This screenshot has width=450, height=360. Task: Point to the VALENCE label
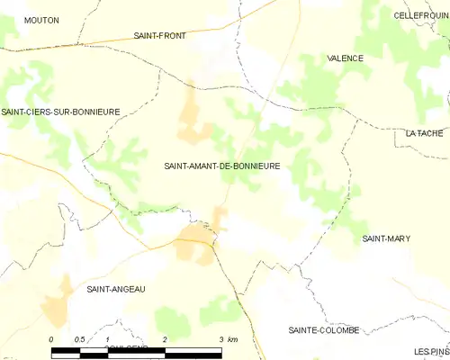click(x=345, y=58)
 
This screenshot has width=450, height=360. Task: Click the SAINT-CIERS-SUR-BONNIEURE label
click(x=60, y=112)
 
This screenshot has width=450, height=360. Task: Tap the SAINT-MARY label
click(x=386, y=238)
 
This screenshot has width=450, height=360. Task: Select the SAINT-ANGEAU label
click(x=115, y=289)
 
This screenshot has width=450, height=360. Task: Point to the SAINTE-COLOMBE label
click(x=323, y=330)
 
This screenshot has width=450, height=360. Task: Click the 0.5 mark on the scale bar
click(x=79, y=339)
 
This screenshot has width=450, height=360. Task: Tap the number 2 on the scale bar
click(x=165, y=339)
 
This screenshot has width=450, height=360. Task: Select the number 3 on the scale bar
click(x=220, y=339)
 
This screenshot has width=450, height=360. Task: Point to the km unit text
click(x=232, y=339)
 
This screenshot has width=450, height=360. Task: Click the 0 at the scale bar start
click(x=51, y=339)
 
